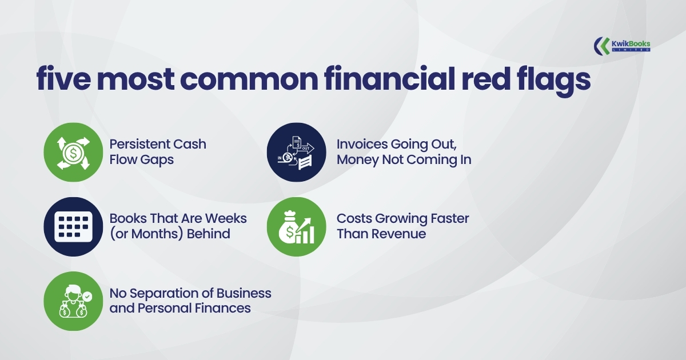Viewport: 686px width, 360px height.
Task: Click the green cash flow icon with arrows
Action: point(73,152)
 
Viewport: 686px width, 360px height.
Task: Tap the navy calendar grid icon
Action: point(73,227)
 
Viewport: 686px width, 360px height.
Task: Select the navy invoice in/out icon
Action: point(297,152)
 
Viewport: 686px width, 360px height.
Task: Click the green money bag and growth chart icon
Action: point(297,227)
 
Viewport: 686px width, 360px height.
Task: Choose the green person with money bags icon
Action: point(73,301)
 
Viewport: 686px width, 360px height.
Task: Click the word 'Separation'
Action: point(164,294)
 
